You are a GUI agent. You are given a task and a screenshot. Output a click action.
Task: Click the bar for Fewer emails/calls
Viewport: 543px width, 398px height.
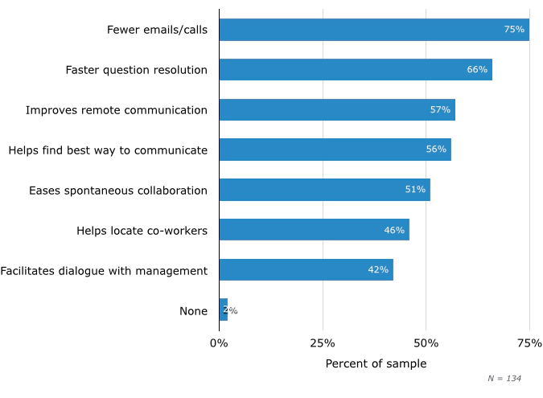coord(374,30)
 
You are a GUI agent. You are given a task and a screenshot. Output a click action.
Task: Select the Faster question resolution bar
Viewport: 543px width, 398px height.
coord(355,70)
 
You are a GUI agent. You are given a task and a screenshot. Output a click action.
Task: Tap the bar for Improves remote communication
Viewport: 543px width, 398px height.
coord(336,110)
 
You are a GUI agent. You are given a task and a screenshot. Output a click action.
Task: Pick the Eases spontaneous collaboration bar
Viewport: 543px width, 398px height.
coord(324,190)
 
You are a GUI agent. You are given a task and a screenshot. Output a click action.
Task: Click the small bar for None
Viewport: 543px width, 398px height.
coord(223,310)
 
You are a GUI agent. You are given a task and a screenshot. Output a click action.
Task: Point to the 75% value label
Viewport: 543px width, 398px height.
coord(514,30)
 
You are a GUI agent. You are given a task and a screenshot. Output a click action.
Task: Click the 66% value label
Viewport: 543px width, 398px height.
coord(477,70)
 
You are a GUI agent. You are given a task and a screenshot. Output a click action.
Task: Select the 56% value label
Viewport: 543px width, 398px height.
coord(436,150)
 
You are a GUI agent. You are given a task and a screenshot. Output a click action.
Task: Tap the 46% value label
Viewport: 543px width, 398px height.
coord(394,230)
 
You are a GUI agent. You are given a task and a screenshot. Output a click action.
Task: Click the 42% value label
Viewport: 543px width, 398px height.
coord(378,270)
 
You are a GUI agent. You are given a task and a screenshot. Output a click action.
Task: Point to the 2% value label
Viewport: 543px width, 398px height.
coord(230,310)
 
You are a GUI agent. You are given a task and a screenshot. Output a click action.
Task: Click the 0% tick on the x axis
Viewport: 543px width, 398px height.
coord(219,343)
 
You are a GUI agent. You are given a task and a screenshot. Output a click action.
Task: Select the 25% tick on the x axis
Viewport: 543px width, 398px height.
coord(323,343)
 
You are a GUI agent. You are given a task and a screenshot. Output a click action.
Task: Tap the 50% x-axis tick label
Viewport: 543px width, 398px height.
coord(426,343)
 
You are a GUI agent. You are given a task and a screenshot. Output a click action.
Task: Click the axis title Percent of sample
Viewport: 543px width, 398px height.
coord(376,364)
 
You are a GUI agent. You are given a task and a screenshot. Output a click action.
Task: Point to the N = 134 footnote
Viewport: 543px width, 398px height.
coord(504,379)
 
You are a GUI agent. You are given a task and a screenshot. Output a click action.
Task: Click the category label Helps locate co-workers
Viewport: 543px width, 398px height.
coord(142,231)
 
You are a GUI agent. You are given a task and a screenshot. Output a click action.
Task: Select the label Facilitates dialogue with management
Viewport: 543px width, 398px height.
coord(104,271)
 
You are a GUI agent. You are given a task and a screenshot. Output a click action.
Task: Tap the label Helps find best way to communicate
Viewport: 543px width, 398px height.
coord(108,150)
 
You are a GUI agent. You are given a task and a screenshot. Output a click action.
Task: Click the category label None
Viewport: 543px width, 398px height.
coord(193,311)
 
